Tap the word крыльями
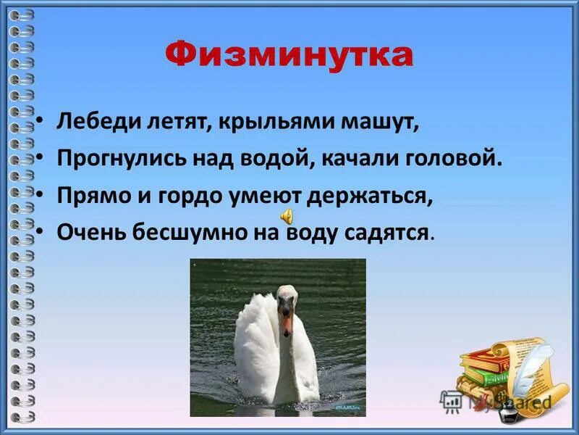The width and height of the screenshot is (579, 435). (277, 122)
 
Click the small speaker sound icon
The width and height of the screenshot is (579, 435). (287, 215)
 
